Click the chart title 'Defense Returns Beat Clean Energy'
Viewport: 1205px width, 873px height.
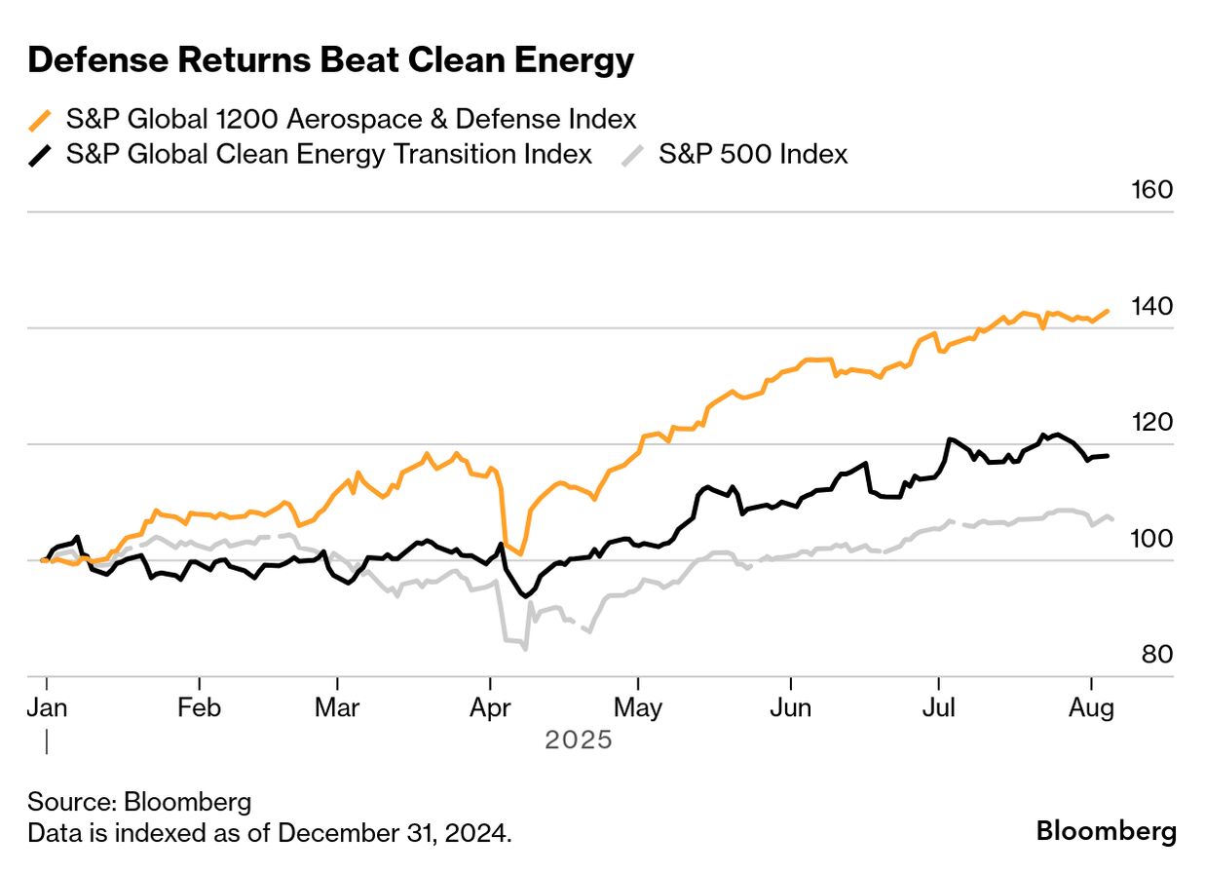[x=331, y=61]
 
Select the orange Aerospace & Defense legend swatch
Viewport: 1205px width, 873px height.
[x=40, y=121]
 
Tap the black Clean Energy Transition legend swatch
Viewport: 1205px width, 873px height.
[x=40, y=155]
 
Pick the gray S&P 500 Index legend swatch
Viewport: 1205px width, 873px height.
[x=633, y=155]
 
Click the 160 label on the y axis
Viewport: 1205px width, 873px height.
[x=1152, y=190]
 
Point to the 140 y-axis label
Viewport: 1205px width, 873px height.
[x=1152, y=306]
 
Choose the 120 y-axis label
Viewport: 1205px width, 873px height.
[x=1152, y=422]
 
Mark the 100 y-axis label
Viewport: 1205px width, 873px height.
[x=1152, y=538]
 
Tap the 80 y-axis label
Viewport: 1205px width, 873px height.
[x=1155, y=654]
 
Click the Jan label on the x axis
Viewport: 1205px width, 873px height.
[x=47, y=708]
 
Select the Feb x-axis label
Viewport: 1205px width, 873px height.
[x=199, y=708]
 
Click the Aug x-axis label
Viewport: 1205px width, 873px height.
[x=1091, y=708]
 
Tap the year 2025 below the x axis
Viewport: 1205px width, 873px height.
[x=579, y=740]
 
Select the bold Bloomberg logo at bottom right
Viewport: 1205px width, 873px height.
[x=1106, y=831]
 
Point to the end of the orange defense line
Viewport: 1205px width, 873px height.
[x=1108, y=311]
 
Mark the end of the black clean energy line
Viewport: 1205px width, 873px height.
[x=1108, y=456]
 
